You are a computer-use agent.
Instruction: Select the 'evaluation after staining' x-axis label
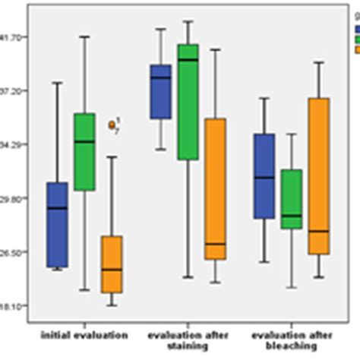point(187,339)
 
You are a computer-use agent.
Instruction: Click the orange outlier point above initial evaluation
point(112,124)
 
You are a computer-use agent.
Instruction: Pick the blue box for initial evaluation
point(57,225)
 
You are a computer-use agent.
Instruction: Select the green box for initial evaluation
point(84,152)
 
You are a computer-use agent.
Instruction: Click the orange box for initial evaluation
point(112,264)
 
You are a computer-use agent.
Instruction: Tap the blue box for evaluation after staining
point(160,91)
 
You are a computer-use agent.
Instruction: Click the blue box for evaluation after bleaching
point(264,176)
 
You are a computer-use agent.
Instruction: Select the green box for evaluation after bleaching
point(292,199)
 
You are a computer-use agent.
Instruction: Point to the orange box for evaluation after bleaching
point(319,175)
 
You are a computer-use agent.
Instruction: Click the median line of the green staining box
point(188,60)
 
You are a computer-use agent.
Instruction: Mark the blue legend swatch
point(357,29)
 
